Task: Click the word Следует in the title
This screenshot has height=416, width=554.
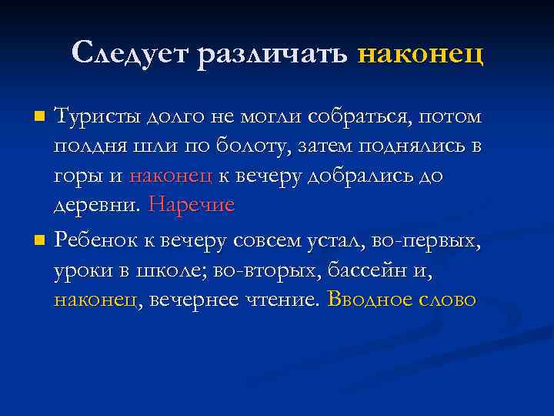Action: click(x=130, y=53)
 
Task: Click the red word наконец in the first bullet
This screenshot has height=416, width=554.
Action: click(x=171, y=176)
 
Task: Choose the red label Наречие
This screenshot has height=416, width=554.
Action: click(x=192, y=206)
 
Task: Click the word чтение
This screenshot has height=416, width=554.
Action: click(x=281, y=300)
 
